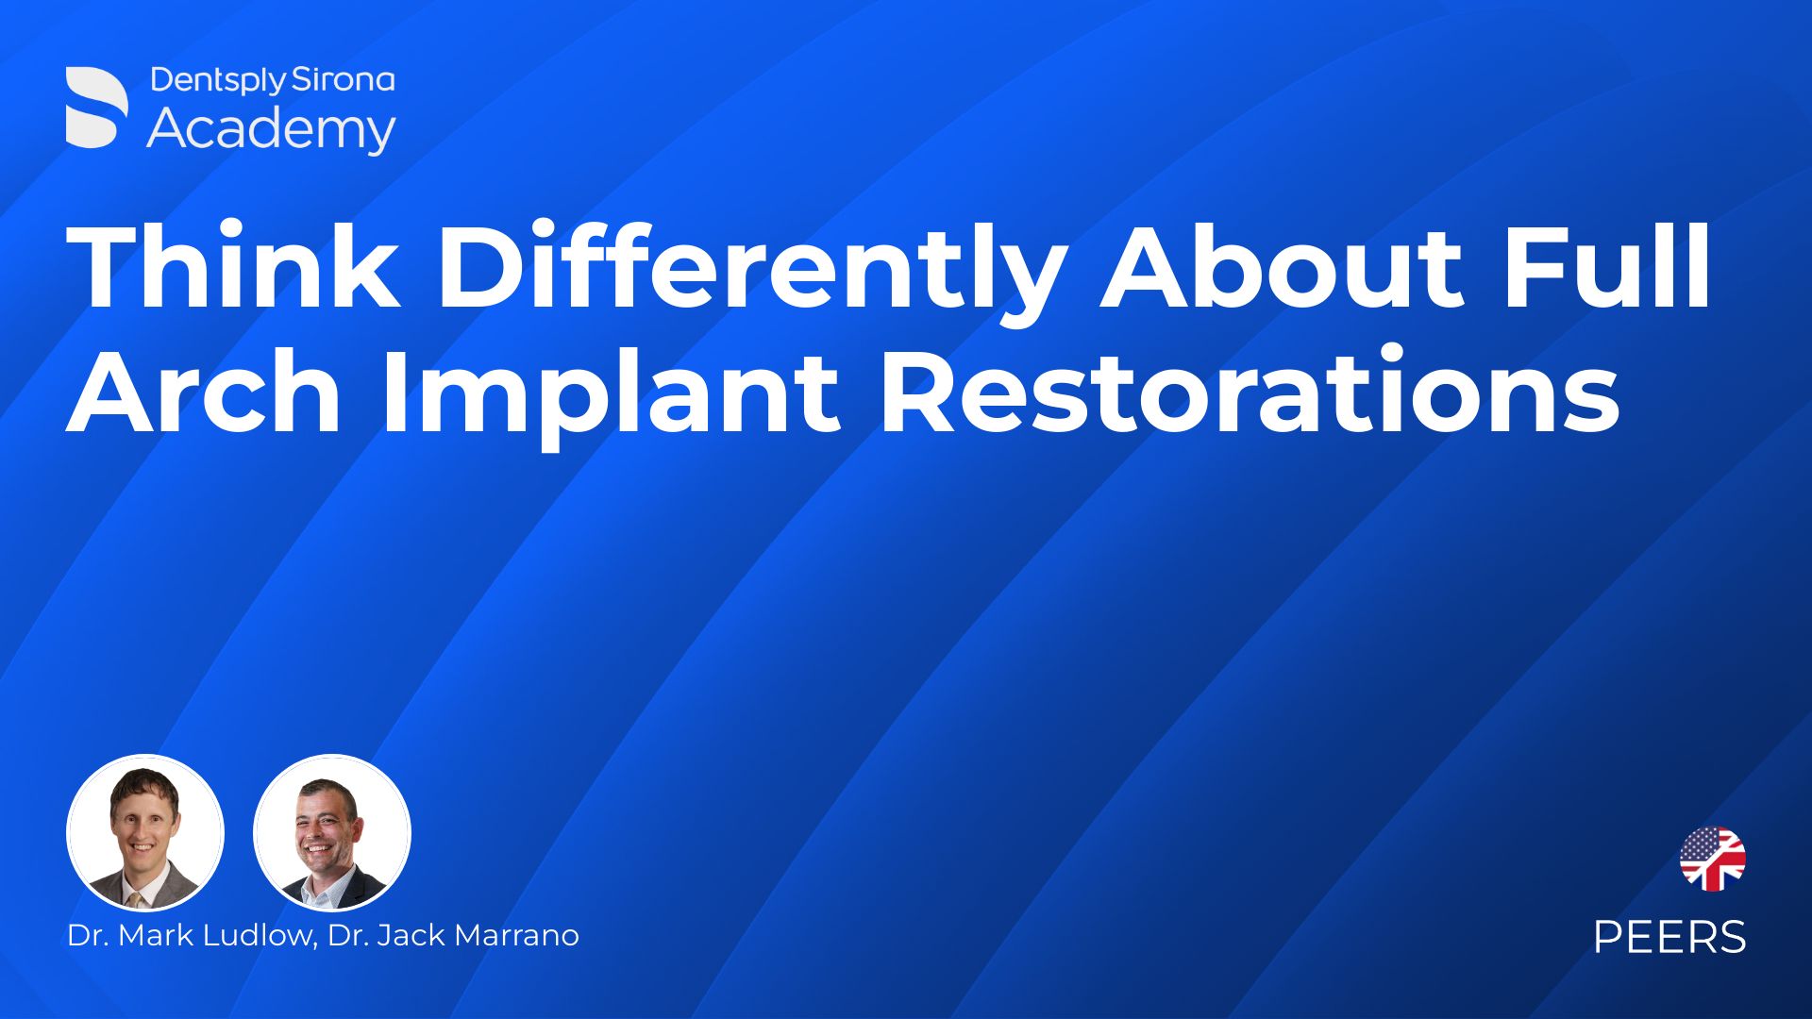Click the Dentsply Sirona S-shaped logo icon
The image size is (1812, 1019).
pos(96,108)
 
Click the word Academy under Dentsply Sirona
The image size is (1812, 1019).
pos(271,130)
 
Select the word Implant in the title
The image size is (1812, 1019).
pos(610,396)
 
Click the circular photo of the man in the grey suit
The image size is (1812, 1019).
pos(145,833)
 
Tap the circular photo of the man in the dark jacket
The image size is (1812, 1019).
pos(332,833)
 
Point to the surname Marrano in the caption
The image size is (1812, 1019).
pos(516,935)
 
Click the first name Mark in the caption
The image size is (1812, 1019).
pos(151,935)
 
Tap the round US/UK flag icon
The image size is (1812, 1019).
pos(1712,859)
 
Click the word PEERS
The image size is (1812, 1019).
pos(1669,937)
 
